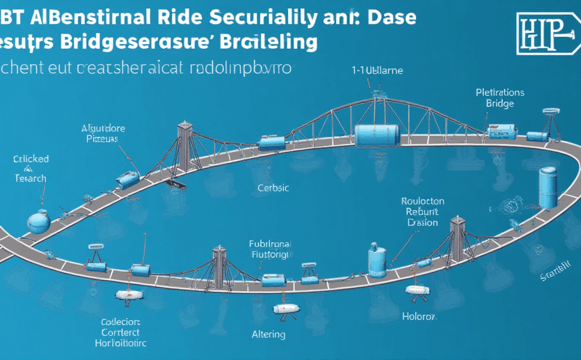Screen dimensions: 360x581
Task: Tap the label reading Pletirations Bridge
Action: [499, 98]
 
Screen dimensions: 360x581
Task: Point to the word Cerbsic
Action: [273, 187]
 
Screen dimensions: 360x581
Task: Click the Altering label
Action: [268, 334]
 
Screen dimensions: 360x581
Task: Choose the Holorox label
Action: [418, 317]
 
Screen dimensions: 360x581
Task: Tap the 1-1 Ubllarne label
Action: [377, 71]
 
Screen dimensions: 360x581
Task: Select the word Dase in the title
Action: [392, 16]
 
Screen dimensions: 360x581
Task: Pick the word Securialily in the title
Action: [281, 17]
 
